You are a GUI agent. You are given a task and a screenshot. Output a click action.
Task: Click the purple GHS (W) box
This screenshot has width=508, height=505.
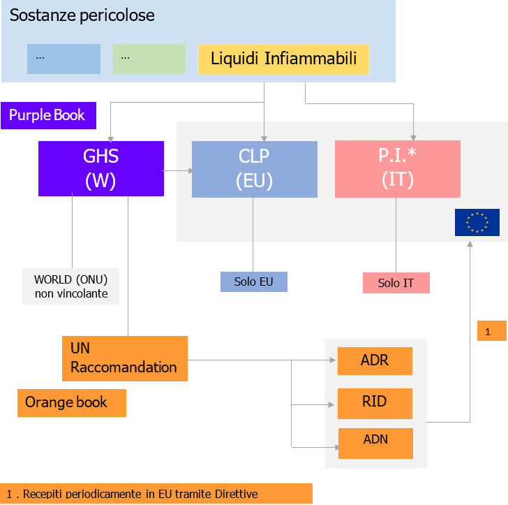[x=101, y=168]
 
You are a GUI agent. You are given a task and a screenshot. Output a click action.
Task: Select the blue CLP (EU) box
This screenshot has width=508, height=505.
[x=254, y=169]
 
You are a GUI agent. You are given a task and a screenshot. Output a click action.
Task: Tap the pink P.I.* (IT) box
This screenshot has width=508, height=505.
[x=397, y=169]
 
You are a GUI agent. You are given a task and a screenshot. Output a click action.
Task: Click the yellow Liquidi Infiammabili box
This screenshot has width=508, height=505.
[x=283, y=59]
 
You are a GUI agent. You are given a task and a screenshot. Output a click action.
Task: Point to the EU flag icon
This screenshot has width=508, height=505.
[x=477, y=222]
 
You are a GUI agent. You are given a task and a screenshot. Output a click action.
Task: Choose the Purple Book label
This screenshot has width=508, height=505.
[x=47, y=115]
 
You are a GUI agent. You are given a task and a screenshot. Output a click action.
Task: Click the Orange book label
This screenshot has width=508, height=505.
[x=71, y=403]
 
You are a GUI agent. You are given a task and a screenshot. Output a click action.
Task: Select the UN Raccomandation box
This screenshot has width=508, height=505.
[x=124, y=358]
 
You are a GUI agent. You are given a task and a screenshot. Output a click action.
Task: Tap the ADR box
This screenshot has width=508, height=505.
[x=375, y=361]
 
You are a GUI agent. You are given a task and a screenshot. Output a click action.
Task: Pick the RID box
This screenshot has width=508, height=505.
[x=375, y=403]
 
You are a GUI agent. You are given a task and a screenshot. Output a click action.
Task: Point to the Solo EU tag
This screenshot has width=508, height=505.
[x=254, y=281]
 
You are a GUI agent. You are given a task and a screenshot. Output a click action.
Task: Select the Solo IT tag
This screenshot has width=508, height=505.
[x=396, y=283]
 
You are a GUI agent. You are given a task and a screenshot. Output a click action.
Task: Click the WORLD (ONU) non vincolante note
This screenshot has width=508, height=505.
[x=70, y=286]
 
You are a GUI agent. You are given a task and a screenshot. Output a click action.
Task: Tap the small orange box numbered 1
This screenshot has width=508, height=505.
[x=491, y=331]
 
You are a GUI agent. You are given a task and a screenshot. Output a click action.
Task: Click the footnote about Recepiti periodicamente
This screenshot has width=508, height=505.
[x=156, y=494]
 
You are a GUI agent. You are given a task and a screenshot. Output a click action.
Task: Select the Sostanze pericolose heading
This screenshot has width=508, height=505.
[x=82, y=15]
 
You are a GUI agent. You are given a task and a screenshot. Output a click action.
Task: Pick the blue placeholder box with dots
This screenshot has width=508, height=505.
[x=63, y=59]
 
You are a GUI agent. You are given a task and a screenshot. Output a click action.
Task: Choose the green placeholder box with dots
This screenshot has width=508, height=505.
[x=149, y=59]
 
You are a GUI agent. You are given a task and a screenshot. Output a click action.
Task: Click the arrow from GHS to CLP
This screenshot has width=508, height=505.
[x=177, y=170]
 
